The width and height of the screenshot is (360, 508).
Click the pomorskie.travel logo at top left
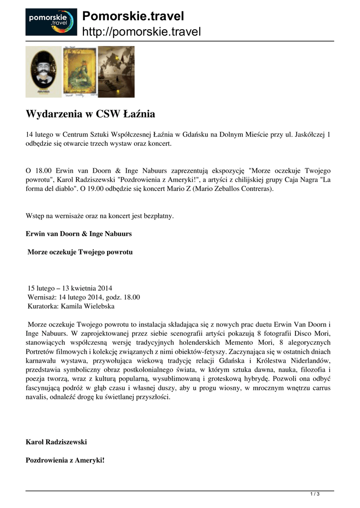click(51, 22)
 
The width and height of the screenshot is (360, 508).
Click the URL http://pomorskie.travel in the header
click(141, 32)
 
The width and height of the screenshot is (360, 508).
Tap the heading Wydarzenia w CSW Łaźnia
click(90, 114)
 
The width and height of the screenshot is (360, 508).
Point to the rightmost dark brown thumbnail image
click(116, 71)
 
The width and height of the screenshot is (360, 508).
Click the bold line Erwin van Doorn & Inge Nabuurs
click(78, 233)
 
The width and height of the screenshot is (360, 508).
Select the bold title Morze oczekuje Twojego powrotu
click(80, 252)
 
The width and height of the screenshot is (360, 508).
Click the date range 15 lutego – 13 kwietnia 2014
click(70, 288)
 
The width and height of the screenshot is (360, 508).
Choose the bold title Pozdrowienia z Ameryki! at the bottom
click(65, 460)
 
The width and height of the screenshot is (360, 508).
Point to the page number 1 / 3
click(314, 494)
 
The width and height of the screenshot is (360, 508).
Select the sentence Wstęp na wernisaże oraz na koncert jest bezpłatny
click(99, 216)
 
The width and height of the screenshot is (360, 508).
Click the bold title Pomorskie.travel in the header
click(133, 16)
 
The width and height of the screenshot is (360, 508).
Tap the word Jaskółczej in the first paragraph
click(307, 134)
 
